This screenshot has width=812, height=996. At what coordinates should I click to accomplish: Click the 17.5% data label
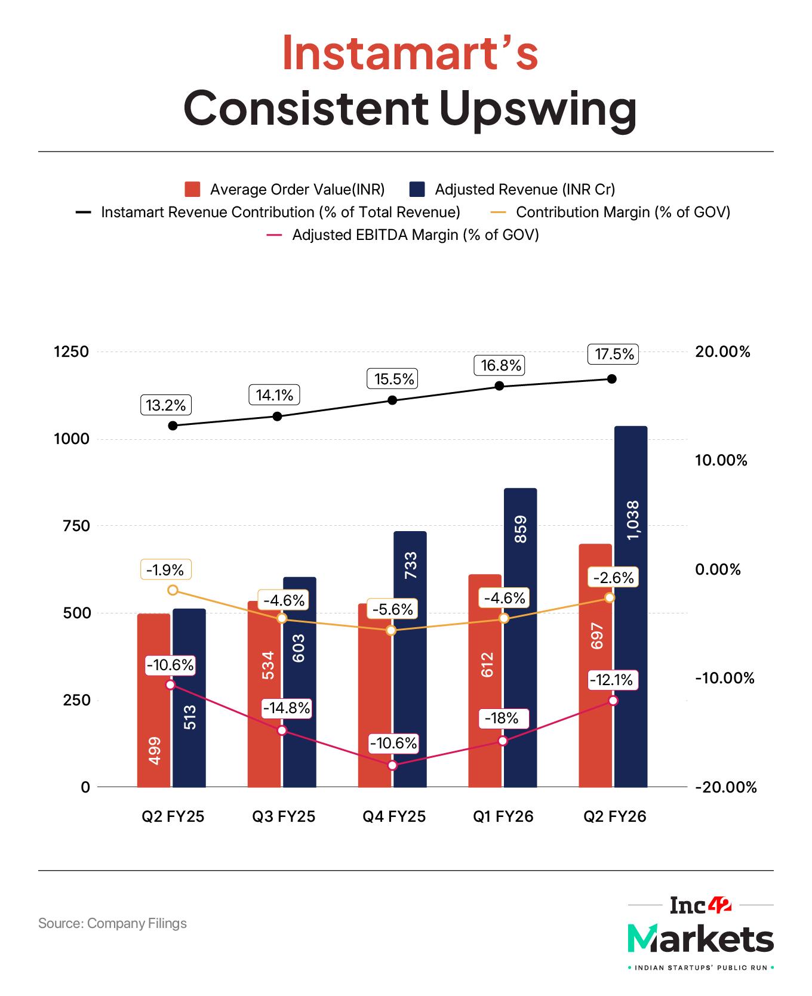tap(614, 354)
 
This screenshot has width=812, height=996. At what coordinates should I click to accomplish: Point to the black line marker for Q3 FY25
tap(277, 416)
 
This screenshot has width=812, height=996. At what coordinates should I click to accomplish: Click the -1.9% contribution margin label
tap(166, 569)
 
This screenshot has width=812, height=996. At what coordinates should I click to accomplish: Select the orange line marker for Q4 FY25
tap(392, 630)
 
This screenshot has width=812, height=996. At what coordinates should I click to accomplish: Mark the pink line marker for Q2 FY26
tap(613, 700)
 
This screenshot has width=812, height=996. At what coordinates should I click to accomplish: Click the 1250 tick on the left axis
tap(71, 351)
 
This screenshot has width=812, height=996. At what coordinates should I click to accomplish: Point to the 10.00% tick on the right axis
tap(721, 460)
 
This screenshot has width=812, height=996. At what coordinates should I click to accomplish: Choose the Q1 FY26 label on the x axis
tap(503, 816)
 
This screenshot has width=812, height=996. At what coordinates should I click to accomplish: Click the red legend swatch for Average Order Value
tap(192, 190)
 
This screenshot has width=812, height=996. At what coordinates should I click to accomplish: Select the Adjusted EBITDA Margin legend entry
tap(415, 235)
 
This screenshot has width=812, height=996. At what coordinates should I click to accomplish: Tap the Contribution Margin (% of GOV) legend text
tap(623, 212)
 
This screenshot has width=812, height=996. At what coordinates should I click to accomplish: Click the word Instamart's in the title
tap(410, 53)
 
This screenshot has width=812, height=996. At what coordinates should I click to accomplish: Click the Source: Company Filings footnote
tap(112, 923)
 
